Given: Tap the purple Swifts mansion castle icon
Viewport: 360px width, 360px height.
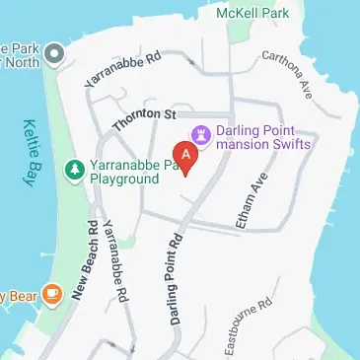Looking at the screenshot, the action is tap(202, 132).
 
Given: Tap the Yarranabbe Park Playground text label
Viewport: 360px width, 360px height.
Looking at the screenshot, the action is tap(123, 173).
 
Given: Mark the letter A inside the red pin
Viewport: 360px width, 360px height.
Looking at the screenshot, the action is tap(184, 154).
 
